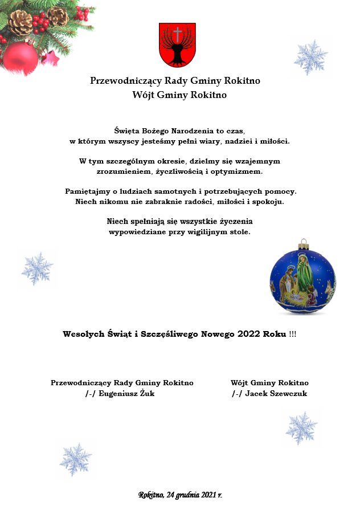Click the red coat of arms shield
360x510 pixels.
[x=177, y=45]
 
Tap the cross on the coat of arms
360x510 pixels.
[x=177, y=35]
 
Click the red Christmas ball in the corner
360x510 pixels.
[x=21, y=58]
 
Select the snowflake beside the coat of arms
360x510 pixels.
[x=310, y=58]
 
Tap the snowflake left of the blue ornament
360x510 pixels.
[x=37, y=268]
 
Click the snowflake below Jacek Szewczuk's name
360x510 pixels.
[x=301, y=428]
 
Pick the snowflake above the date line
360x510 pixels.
[x=76, y=459]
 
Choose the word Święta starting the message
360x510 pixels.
[x=128, y=130]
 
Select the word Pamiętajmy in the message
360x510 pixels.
[x=88, y=191]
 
